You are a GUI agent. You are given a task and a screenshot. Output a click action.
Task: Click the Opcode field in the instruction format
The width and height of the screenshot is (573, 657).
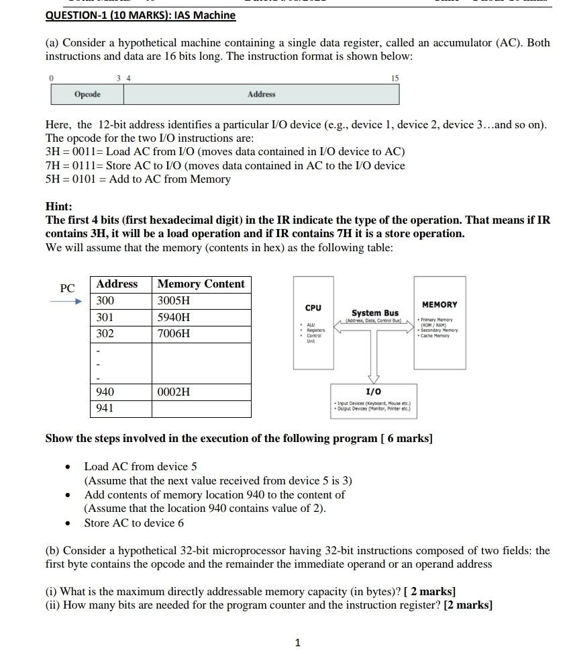[x=87, y=95]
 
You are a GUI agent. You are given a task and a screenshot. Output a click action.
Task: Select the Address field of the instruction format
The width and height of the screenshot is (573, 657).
[x=261, y=95]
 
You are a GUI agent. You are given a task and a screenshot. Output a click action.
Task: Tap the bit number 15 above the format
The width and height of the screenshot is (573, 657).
[x=395, y=79]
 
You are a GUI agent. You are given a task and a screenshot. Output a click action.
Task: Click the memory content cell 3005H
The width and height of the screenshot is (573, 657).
[x=174, y=301]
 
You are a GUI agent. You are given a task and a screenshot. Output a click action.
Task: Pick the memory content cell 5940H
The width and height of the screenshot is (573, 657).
[x=174, y=317]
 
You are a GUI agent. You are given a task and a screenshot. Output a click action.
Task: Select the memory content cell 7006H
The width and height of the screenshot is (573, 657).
[x=174, y=334]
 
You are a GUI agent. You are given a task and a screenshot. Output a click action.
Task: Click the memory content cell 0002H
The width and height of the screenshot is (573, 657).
[x=174, y=392]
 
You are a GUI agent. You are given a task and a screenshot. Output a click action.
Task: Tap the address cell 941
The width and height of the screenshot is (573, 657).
[x=105, y=408]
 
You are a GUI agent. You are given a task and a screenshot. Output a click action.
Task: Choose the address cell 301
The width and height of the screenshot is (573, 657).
[x=105, y=317]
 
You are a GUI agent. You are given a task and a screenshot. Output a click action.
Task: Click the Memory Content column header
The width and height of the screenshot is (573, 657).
[x=201, y=284]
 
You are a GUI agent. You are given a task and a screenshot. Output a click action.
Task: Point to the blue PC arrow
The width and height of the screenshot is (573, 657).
[x=65, y=302]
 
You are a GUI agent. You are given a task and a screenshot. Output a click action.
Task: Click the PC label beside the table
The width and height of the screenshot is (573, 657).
[x=67, y=288]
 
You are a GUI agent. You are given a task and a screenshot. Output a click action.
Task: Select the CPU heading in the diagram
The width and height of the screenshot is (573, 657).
[x=313, y=308]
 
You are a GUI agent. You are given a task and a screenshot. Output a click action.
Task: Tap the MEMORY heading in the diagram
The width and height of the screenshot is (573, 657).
[x=439, y=305]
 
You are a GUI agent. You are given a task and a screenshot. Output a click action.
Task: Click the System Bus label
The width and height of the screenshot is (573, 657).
[x=375, y=313]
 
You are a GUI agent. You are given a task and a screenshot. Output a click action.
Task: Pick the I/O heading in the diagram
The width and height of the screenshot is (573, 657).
[x=373, y=392]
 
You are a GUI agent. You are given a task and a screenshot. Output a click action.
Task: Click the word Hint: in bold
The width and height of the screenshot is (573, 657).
[x=58, y=207]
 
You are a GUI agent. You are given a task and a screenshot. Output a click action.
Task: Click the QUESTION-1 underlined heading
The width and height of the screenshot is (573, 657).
[x=140, y=15]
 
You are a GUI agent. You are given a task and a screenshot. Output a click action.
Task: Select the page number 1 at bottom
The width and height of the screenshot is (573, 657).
[x=297, y=643]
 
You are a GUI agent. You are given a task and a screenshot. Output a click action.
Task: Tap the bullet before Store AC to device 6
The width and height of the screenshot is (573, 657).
[x=67, y=523]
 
